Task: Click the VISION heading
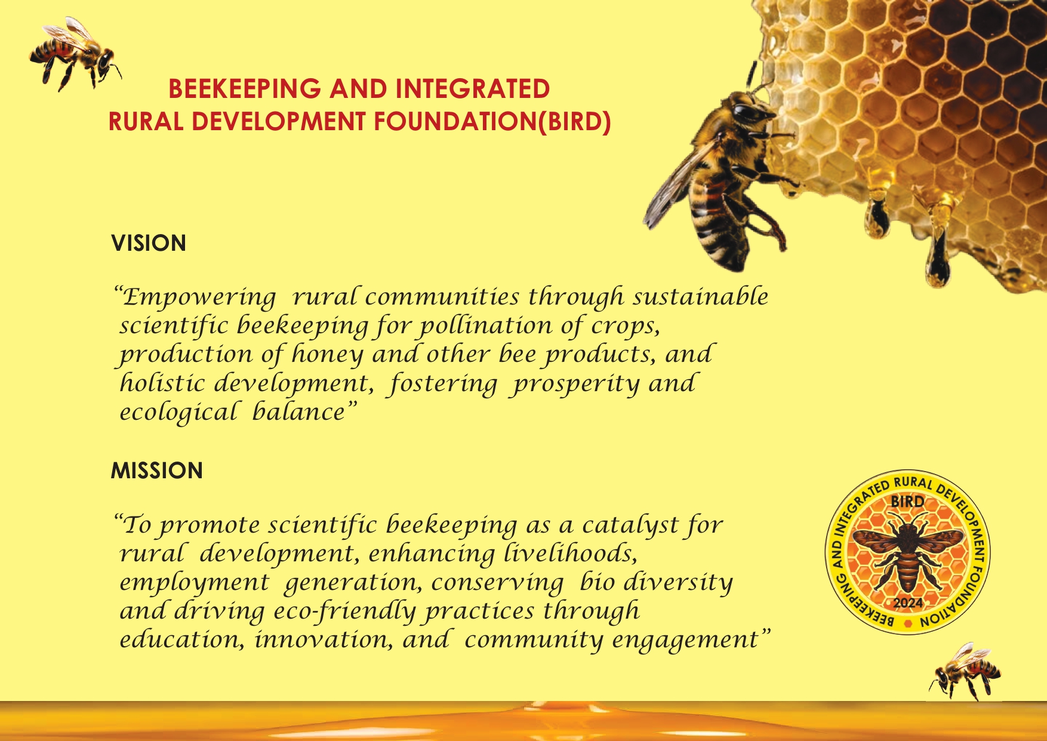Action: (149, 244)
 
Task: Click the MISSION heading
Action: (157, 471)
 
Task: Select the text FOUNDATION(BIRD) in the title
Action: (492, 122)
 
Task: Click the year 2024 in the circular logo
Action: (908, 603)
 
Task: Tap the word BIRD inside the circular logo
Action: (907, 502)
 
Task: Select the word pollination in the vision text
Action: (485, 326)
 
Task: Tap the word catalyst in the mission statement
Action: (630, 526)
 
